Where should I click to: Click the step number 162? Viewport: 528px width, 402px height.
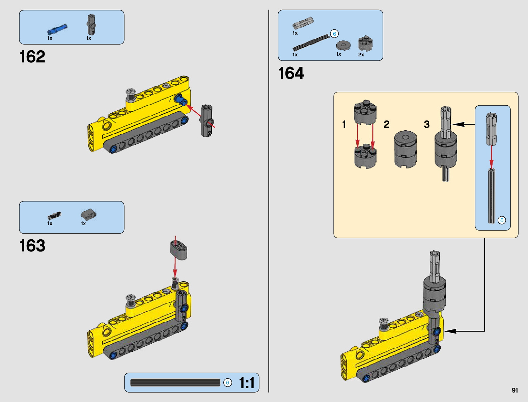click(32, 57)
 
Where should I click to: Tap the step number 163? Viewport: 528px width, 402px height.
click(32, 246)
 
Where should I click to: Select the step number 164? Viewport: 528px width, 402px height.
click(291, 73)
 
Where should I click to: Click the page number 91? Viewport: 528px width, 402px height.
click(515, 390)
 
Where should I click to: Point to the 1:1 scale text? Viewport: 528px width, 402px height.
click(247, 382)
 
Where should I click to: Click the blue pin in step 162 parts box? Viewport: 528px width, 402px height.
click(57, 30)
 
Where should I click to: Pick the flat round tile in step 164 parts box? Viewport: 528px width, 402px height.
click(343, 45)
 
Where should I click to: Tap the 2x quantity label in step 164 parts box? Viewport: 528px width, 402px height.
click(361, 55)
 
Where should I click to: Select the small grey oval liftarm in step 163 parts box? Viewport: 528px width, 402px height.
click(88, 214)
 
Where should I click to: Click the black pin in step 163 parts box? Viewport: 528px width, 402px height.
click(54, 216)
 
